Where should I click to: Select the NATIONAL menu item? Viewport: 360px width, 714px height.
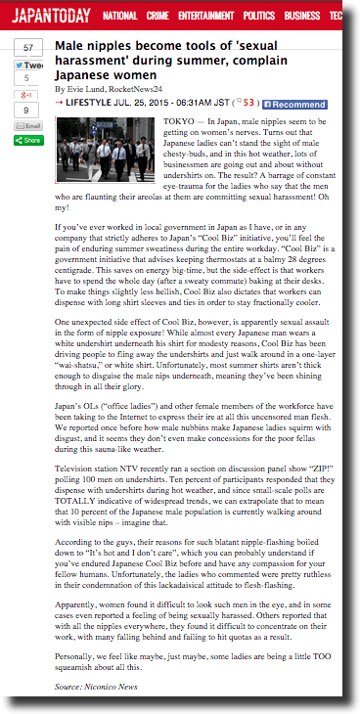119,17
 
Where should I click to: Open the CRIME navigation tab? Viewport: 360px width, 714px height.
157,17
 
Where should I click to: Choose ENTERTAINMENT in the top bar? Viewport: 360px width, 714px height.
205,17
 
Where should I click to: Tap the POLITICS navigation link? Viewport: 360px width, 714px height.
258,17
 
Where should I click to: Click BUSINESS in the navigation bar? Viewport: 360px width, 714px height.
301,17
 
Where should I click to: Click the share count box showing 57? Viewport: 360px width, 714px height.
28,48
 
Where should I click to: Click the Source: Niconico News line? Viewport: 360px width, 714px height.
96,688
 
